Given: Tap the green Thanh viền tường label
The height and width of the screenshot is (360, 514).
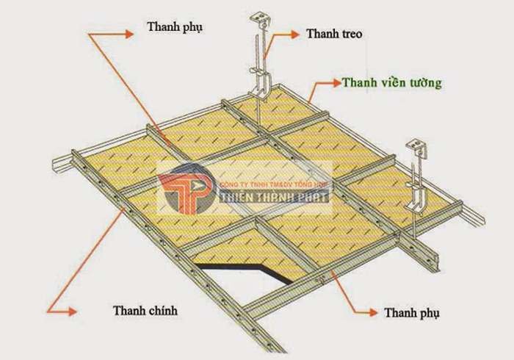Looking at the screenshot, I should point(391,83).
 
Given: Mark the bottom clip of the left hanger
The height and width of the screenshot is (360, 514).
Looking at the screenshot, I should point(258,88).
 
